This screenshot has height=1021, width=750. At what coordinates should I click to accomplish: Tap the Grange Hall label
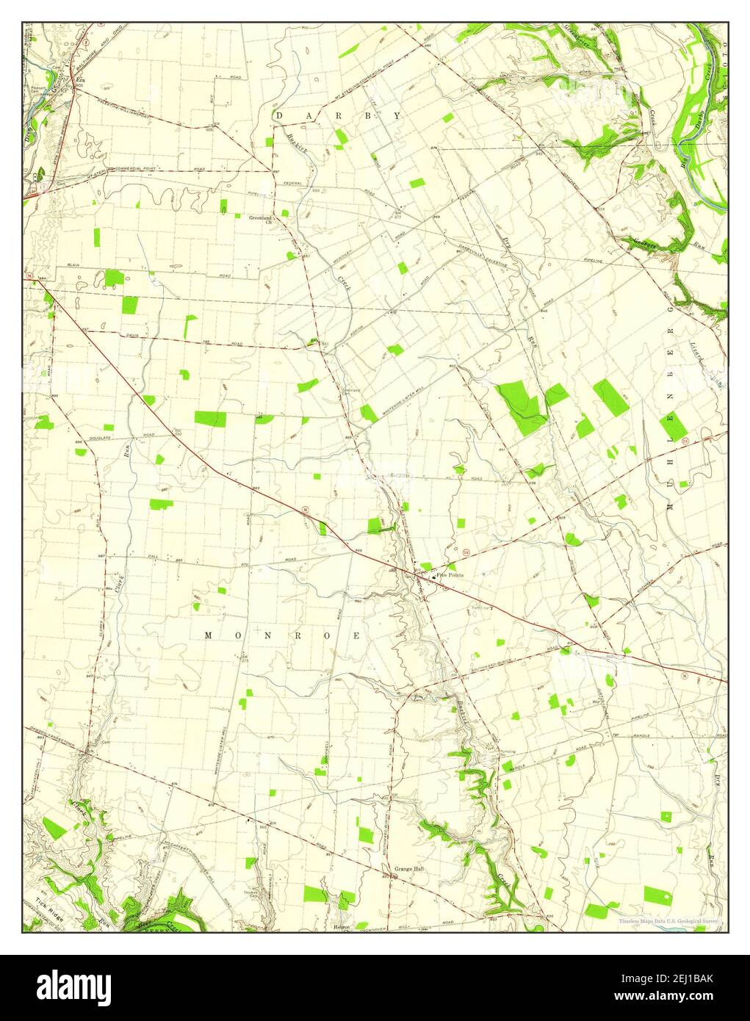tap(409, 869)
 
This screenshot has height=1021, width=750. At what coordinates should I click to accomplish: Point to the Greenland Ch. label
tap(260, 219)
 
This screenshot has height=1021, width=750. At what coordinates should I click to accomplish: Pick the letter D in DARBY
tap(279, 116)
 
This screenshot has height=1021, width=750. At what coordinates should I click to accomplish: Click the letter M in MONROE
tap(209, 635)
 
